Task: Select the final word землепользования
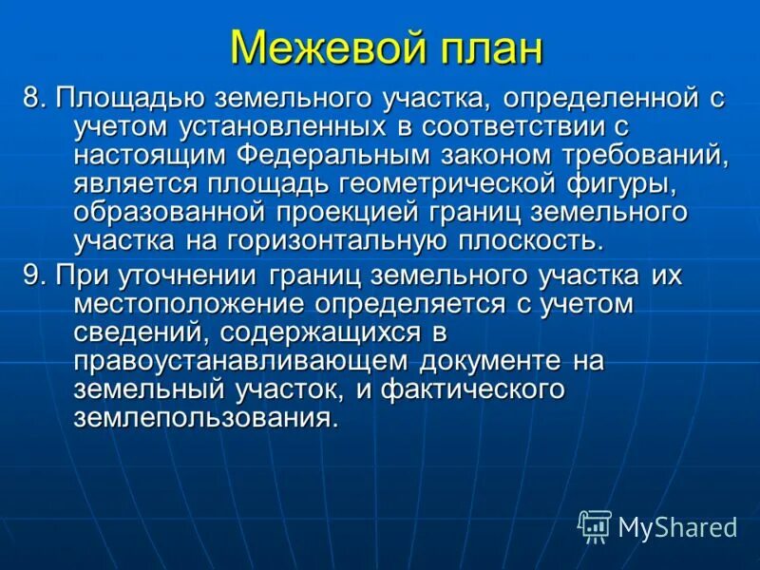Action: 205,418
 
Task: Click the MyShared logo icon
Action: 595,525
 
